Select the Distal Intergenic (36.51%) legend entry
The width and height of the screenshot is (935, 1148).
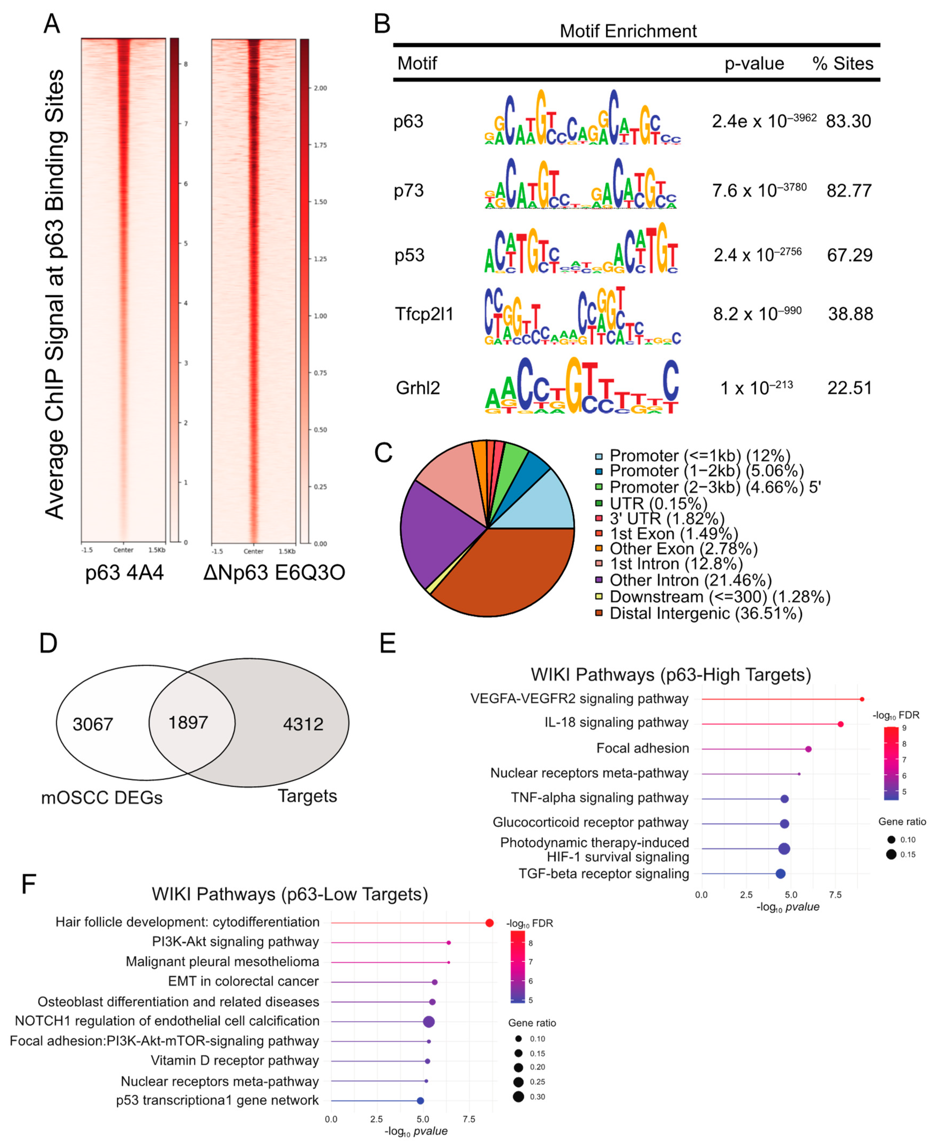coord(705,613)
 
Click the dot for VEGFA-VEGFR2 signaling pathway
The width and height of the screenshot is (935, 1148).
coord(862,699)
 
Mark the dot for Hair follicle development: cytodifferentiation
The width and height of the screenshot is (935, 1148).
coord(489,923)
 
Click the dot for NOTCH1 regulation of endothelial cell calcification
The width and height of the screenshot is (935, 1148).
coord(429,1021)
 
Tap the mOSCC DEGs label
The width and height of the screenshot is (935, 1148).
coord(102,798)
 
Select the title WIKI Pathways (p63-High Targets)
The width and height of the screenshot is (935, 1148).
coord(671,675)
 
